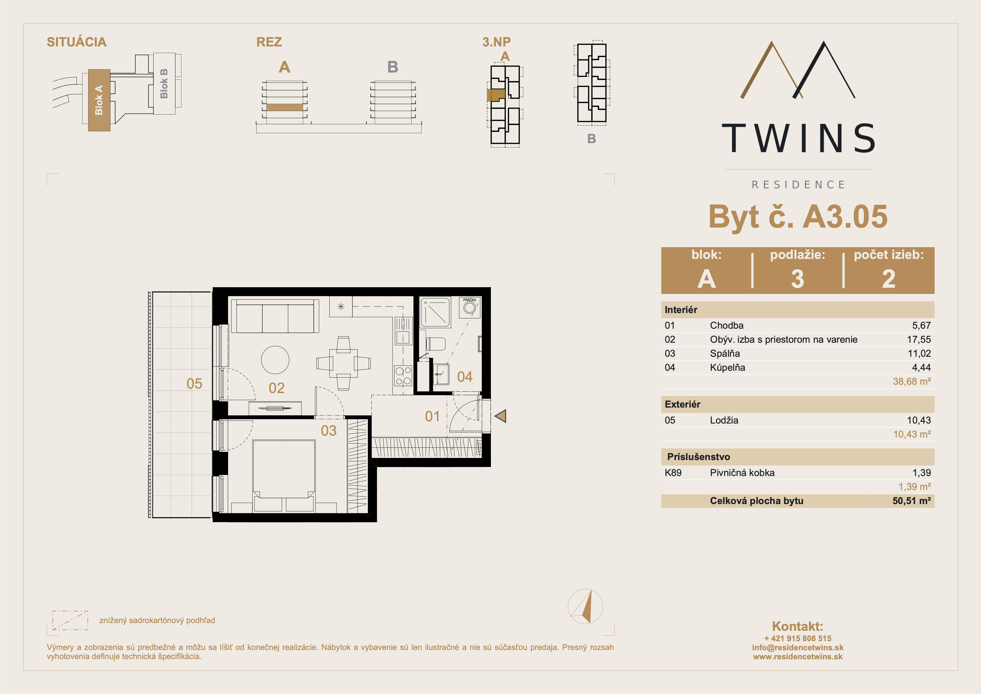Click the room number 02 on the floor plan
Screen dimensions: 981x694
click(x=276, y=388)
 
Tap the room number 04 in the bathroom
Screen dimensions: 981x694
click(x=465, y=377)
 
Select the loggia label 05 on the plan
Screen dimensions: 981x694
click(x=194, y=384)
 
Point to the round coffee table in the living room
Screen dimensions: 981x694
click(x=275, y=360)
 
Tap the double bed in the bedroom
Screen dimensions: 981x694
click(x=284, y=475)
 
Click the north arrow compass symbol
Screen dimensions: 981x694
click(x=585, y=606)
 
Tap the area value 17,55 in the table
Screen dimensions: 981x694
click(x=919, y=339)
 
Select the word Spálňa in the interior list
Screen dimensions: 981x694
click(x=725, y=354)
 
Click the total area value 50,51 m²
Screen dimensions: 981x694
click(x=911, y=501)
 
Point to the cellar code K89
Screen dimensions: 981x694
click(x=673, y=472)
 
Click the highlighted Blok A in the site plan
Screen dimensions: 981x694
click(x=99, y=100)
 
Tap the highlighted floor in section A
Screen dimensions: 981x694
click(x=285, y=107)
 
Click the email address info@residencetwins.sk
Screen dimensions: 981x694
click(x=798, y=647)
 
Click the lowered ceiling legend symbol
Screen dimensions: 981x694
click(x=70, y=620)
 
